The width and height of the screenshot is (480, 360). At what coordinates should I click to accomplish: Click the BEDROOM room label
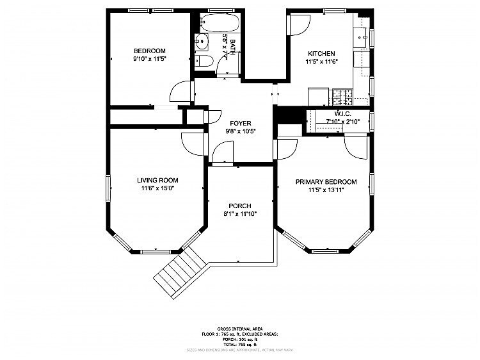click(x=149, y=51)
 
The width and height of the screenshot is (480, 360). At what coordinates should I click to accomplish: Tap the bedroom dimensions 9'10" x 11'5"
click(x=149, y=60)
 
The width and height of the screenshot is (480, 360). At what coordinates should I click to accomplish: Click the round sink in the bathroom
click(x=202, y=44)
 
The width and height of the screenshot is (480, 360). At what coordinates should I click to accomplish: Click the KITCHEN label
click(x=321, y=54)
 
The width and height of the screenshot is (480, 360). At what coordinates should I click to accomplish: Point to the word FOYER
click(x=240, y=123)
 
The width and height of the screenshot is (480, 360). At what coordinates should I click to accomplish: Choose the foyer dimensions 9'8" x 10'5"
click(x=240, y=131)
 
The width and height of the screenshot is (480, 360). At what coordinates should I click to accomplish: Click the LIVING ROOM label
click(x=157, y=181)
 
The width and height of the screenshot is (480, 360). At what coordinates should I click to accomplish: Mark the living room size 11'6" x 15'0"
click(x=157, y=189)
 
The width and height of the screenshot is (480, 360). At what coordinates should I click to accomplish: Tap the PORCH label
click(x=240, y=206)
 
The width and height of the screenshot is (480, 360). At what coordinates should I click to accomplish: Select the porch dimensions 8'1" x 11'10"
click(x=240, y=214)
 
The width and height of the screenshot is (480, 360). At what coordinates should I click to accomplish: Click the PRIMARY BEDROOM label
click(x=326, y=182)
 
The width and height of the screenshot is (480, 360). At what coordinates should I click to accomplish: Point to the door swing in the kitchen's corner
click(x=298, y=26)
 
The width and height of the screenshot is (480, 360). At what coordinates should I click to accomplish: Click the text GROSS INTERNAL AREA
click(x=240, y=328)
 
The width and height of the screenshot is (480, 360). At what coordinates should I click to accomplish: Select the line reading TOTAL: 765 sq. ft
click(x=240, y=344)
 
